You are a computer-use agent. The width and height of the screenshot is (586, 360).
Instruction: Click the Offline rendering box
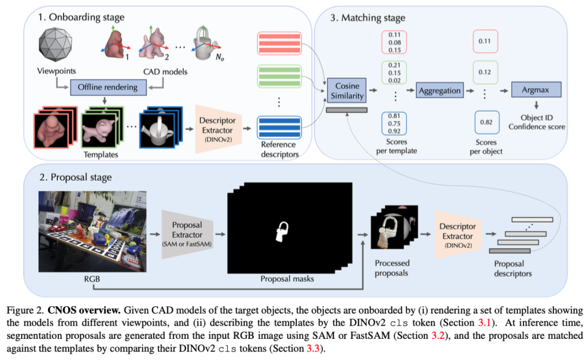click(x=104, y=88)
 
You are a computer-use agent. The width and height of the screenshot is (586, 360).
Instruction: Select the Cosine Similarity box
click(x=347, y=90)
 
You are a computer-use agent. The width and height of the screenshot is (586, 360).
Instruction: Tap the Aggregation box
click(x=439, y=90)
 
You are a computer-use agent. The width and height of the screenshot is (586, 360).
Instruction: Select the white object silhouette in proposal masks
click(x=282, y=230)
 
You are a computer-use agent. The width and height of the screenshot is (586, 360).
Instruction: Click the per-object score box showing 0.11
click(x=485, y=42)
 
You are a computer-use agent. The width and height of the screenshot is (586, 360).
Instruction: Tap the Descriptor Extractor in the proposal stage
click(x=457, y=233)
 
